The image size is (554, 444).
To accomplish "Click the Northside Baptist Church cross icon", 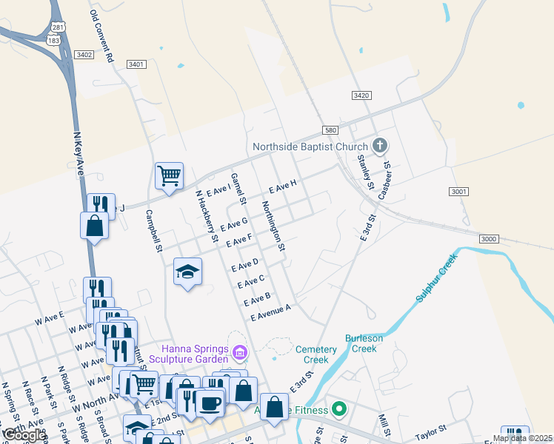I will click(380, 145).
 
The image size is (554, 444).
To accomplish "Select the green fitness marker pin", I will click(339, 408).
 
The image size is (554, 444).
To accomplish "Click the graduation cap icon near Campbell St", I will click(188, 271).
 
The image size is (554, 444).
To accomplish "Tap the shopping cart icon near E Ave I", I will click(169, 176).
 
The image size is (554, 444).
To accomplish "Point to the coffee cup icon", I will click(210, 403).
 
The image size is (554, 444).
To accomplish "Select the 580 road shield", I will click(330, 129).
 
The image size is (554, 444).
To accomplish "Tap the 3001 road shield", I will click(459, 192).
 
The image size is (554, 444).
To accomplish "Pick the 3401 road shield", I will click(136, 64).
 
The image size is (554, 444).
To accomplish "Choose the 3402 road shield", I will click(84, 55).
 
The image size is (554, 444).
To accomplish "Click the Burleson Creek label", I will click(363, 343).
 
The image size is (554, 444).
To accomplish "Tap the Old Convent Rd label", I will click(102, 36).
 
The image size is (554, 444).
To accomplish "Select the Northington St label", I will click(273, 226).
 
